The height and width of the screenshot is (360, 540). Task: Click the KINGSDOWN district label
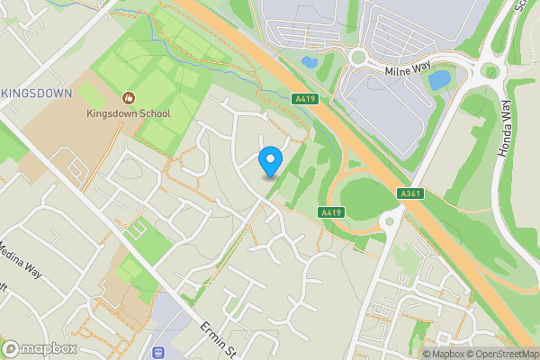(x=35, y=93)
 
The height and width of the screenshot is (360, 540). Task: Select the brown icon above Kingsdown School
(x=129, y=96)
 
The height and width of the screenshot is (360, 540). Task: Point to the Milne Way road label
(x=409, y=70)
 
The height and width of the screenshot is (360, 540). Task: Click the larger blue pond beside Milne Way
(x=439, y=81)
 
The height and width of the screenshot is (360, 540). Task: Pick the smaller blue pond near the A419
(x=309, y=63)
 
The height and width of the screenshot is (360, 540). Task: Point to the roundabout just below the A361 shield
(x=390, y=220)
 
